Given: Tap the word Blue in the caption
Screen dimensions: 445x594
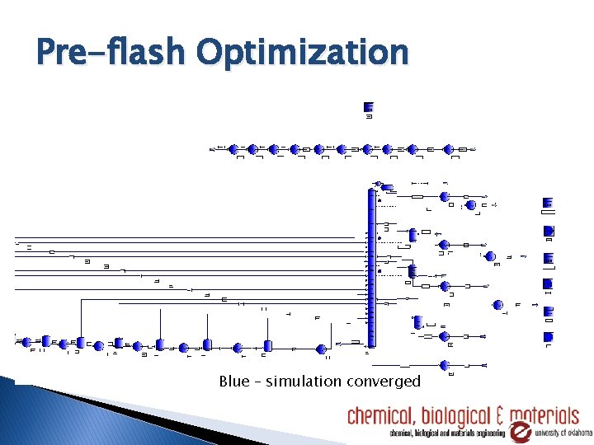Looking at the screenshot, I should [234, 382].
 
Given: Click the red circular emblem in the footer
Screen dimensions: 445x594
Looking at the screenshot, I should [520, 433].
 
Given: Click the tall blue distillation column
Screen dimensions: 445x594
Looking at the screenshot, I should [371, 268].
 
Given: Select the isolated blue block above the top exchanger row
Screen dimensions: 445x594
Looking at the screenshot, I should [368, 106].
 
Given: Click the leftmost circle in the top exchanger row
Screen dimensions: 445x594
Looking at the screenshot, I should [233, 149].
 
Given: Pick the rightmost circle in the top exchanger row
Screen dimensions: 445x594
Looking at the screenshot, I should [449, 149].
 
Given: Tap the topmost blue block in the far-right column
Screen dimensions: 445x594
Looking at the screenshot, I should [549, 203].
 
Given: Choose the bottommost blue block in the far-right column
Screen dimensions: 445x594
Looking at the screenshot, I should [549, 336].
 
